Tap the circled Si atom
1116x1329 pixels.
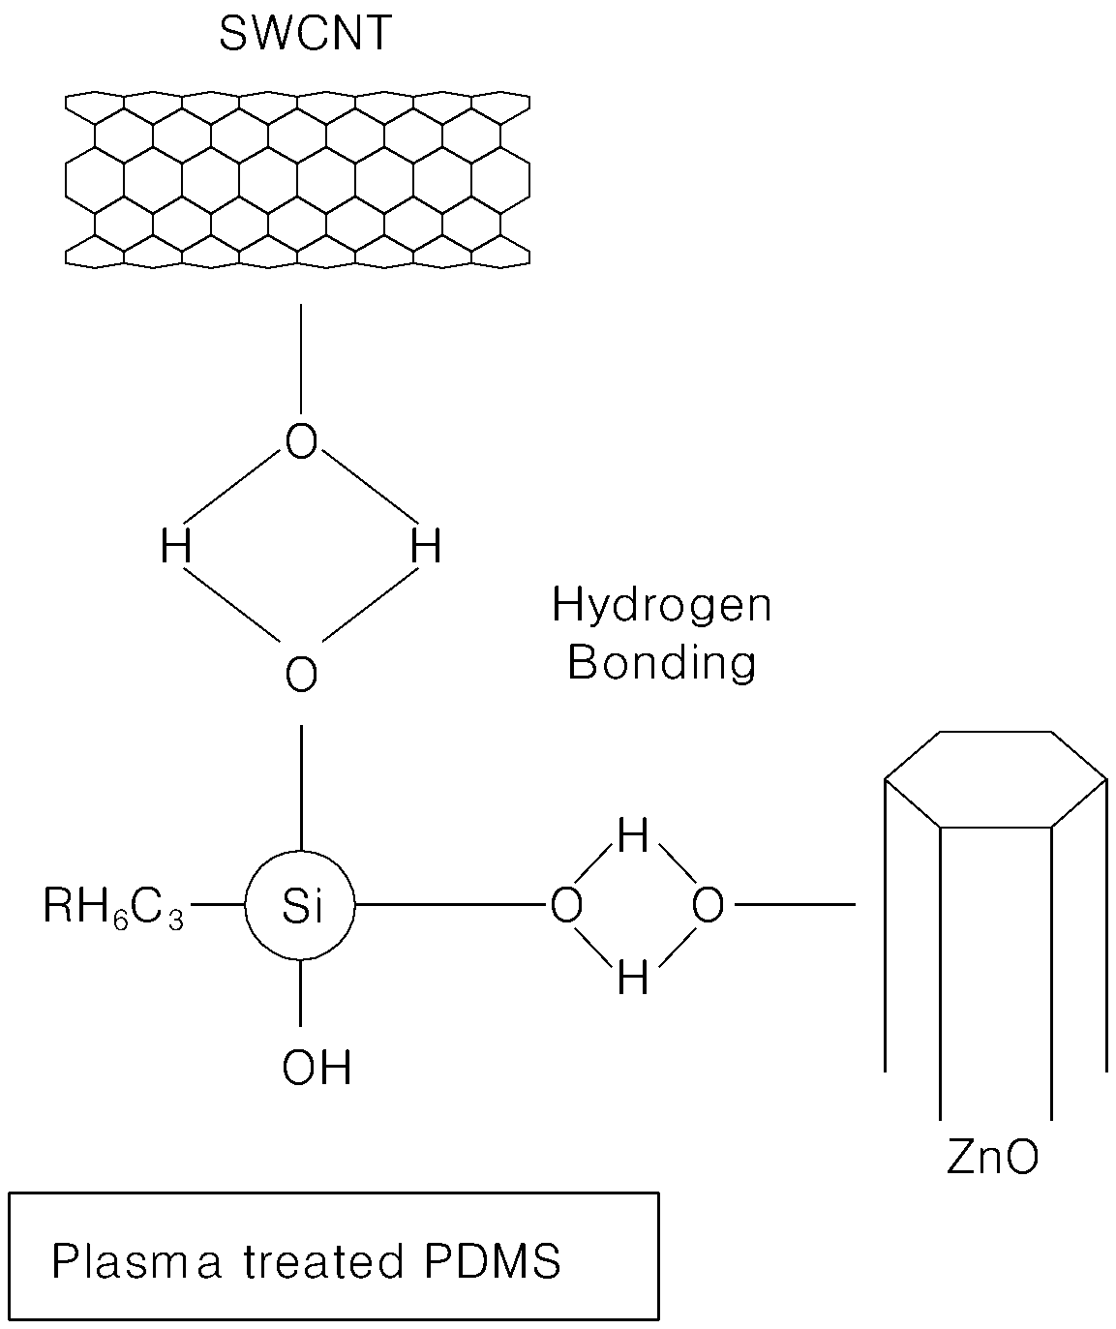pyautogui.click(x=300, y=904)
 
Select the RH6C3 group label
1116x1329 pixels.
pyautogui.click(x=113, y=907)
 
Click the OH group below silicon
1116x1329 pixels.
pyautogui.click(x=317, y=1068)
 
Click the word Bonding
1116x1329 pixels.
pyautogui.click(x=662, y=664)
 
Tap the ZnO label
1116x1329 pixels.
pyautogui.click(x=992, y=1157)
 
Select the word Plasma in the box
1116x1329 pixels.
pyautogui.click(x=136, y=1260)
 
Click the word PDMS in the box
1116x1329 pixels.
pyautogui.click(x=492, y=1260)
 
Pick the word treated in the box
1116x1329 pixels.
pyautogui.click(x=323, y=1260)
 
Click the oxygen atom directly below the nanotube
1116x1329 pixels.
pyautogui.click(x=301, y=441)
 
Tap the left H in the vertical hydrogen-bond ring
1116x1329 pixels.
pyautogui.click(x=176, y=546)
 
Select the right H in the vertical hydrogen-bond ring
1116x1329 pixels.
pyautogui.click(x=425, y=546)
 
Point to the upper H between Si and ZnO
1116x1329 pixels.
pyautogui.click(x=633, y=835)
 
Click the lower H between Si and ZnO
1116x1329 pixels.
pyautogui.click(x=633, y=978)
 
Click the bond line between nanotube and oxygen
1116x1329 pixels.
pyautogui.click(x=301, y=359)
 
